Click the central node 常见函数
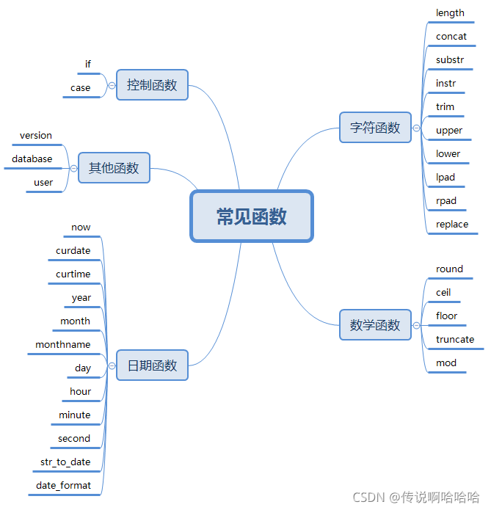pos(252,216)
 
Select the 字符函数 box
pos(375,128)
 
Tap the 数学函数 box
pos(375,324)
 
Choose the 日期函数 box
pos(152,365)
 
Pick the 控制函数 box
pos(152,85)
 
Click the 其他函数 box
pos(114,168)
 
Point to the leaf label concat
pos(451,37)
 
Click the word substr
pos(449,60)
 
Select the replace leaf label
pos(451,225)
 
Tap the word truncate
pos(454,340)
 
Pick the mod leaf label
pos(445,363)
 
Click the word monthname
pos(63,345)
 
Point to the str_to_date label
pos(65,462)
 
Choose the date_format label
pos(63,486)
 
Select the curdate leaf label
pos(73,251)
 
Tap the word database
pos(32,159)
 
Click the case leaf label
pos(80,88)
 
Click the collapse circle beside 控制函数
pos(112,85)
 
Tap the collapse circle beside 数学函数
pos(417,324)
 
